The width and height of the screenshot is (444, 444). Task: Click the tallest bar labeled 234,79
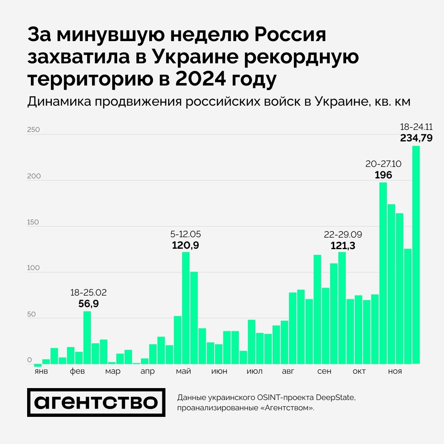pos(416,255)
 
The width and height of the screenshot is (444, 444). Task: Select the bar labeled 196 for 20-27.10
pos(383,273)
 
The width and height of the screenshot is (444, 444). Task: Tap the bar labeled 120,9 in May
pos(186,308)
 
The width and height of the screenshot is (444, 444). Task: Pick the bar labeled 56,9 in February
pos(87,338)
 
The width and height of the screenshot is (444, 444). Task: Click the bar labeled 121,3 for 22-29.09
pos(342,308)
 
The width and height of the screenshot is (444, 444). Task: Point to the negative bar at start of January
pos(38,365)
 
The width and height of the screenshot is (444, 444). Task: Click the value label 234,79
pos(416,138)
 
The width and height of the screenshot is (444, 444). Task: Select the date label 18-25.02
pos(88,293)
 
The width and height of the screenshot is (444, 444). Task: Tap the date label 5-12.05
pos(185,234)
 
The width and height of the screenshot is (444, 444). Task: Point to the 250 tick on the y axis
pos(33,130)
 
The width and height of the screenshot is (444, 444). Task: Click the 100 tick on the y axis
pos(33,268)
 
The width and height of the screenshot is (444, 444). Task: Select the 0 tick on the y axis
pos(30,360)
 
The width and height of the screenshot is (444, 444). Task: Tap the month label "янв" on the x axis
pos(41,372)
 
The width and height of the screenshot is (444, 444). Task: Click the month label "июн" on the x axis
pos(220,372)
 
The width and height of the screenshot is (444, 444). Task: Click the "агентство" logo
pos(96,402)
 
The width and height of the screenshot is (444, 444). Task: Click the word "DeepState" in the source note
pos(334,398)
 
